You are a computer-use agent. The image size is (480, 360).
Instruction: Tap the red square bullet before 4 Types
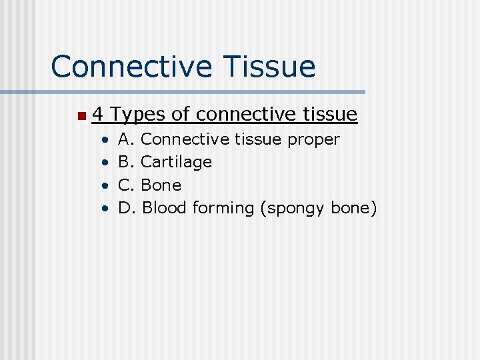coord(81,117)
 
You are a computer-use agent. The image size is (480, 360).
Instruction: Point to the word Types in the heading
coord(138,115)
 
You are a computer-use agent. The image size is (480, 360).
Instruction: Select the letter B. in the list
coord(127,162)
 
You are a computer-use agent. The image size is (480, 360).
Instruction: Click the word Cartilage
coord(177,162)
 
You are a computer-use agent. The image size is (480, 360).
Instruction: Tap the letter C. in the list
coord(127,185)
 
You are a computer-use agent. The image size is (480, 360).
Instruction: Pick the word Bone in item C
coord(161,185)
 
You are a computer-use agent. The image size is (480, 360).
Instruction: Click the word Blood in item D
coord(165,208)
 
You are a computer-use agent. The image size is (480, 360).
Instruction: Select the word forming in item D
coord(223,209)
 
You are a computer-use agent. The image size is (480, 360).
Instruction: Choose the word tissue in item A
coord(259,139)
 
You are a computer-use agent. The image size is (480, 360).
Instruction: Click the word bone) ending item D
coord(354,208)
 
